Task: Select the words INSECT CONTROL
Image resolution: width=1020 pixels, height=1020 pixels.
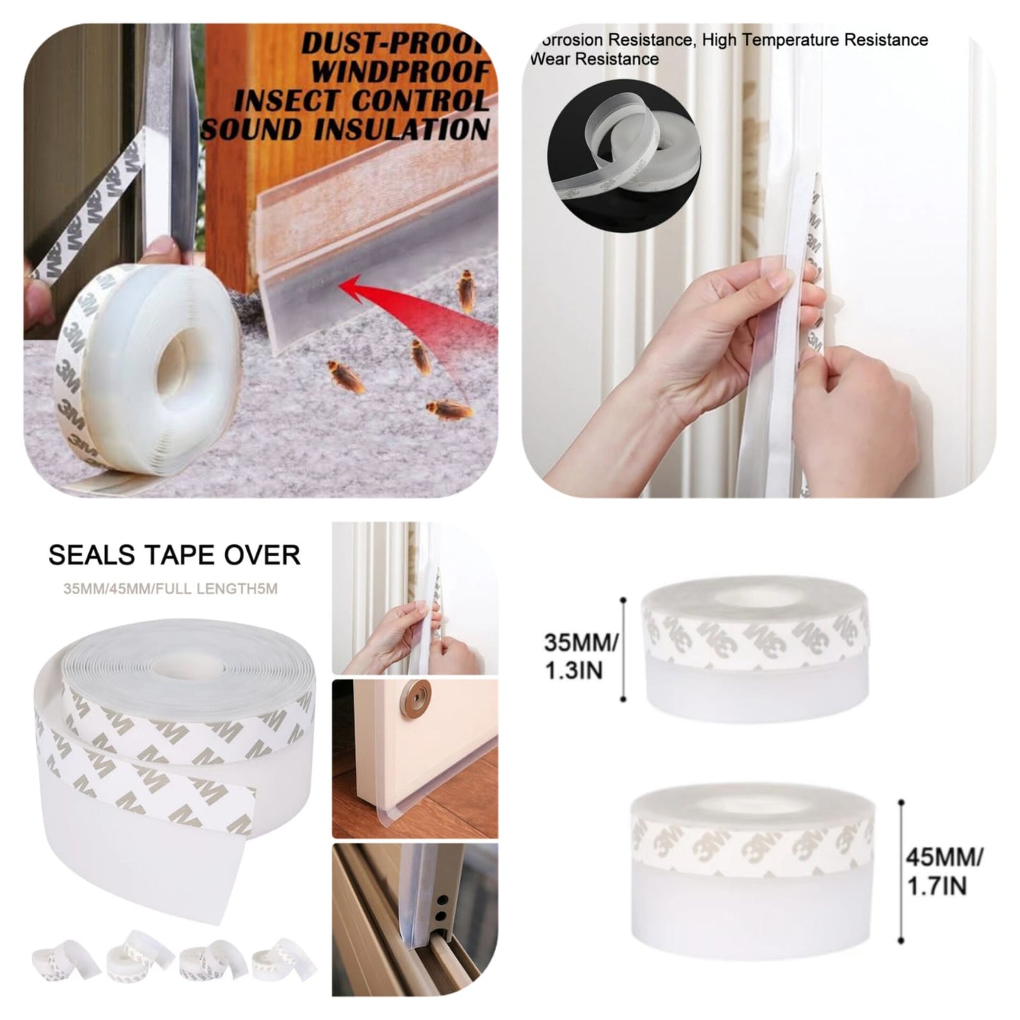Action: coord(361,101)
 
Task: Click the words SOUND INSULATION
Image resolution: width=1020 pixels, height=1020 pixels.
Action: coord(345,130)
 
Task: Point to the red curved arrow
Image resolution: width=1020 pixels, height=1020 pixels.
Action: coord(395,296)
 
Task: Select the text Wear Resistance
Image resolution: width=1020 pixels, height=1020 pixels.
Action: coord(594,59)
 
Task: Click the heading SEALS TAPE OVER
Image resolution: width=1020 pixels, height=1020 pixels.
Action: coord(174,555)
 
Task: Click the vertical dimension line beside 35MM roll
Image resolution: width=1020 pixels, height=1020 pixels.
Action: coord(623,649)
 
